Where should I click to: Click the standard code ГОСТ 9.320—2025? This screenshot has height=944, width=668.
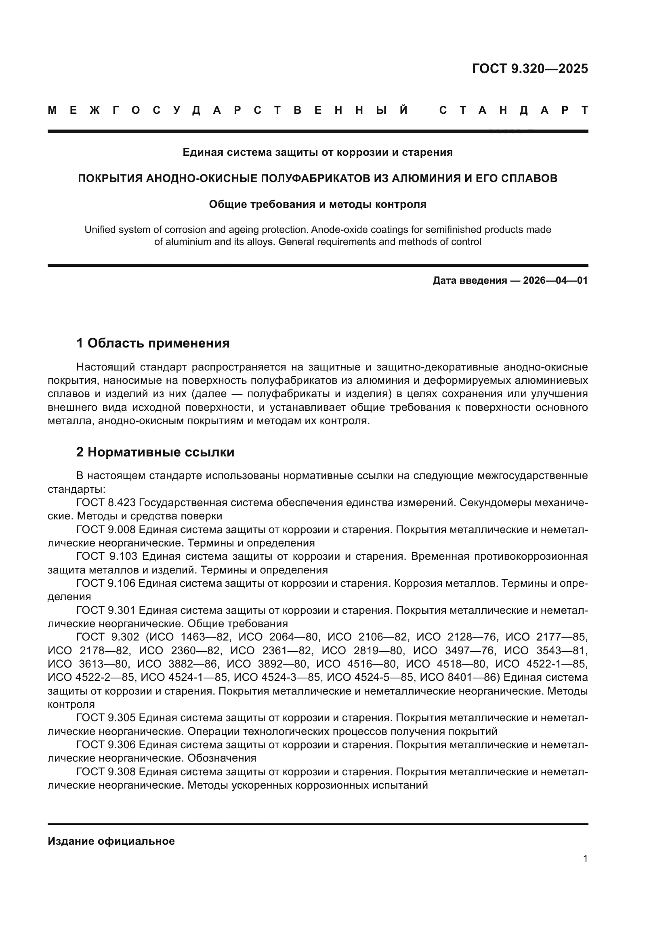[x=530, y=69]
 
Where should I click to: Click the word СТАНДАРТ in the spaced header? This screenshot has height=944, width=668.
[x=513, y=110]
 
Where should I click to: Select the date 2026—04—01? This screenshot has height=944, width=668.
[x=555, y=281]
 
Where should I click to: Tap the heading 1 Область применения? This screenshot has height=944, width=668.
[x=153, y=343]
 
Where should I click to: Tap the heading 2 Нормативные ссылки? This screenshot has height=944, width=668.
[x=155, y=452]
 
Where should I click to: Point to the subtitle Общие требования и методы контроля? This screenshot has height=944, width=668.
[x=317, y=204]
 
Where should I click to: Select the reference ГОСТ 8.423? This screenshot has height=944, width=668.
[x=106, y=502]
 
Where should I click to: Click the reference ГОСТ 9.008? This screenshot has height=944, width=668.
[x=106, y=530]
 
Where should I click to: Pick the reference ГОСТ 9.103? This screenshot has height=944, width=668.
[x=106, y=556]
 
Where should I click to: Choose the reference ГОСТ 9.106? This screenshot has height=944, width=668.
[x=106, y=583]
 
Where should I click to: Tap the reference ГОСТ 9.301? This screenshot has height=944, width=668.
[x=106, y=610]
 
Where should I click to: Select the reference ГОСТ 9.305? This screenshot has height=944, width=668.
[x=106, y=718]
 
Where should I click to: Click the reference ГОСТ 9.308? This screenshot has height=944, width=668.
[x=106, y=771]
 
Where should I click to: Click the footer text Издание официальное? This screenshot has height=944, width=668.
[x=111, y=841]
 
